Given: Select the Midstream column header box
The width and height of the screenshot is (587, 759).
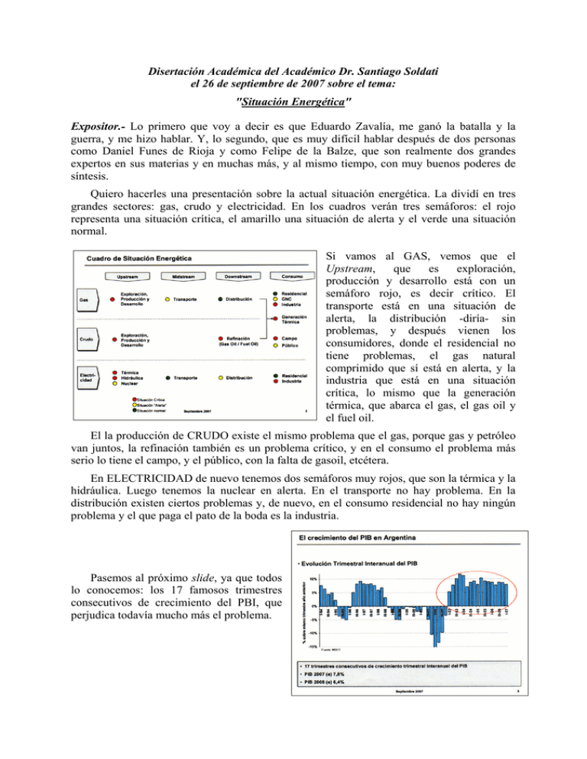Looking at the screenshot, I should (x=181, y=276).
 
